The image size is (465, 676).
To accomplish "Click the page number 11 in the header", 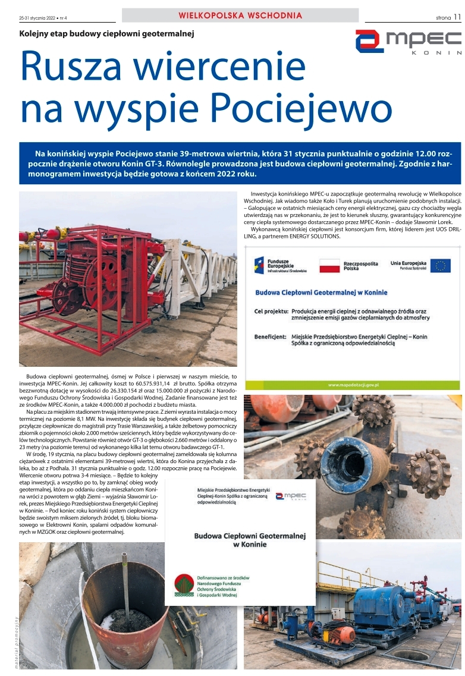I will [457, 17].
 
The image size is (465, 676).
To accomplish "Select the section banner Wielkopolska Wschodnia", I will [240, 15].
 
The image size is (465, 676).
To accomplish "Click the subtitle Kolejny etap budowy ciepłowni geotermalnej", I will [107, 34].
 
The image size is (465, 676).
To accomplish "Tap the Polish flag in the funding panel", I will [329, 265].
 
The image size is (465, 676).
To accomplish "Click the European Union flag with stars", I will [441, 265].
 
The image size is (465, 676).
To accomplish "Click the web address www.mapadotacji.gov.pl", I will [353, 385].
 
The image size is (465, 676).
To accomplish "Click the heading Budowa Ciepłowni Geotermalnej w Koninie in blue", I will [321, 293].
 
